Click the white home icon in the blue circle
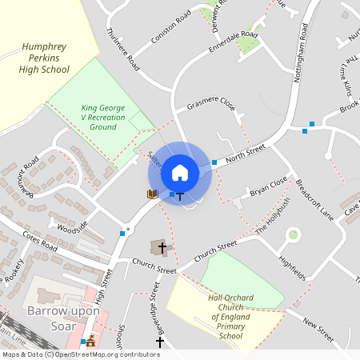180,173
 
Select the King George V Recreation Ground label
104,118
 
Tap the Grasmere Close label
210,106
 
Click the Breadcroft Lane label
314,197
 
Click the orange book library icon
152,194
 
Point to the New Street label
318,322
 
